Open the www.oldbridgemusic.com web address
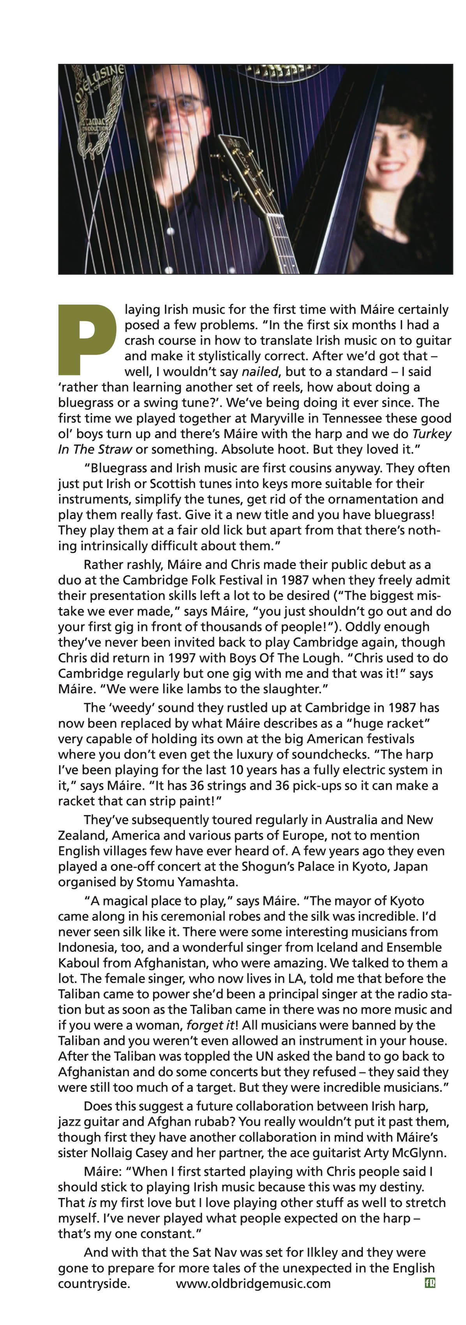(253, 1283)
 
